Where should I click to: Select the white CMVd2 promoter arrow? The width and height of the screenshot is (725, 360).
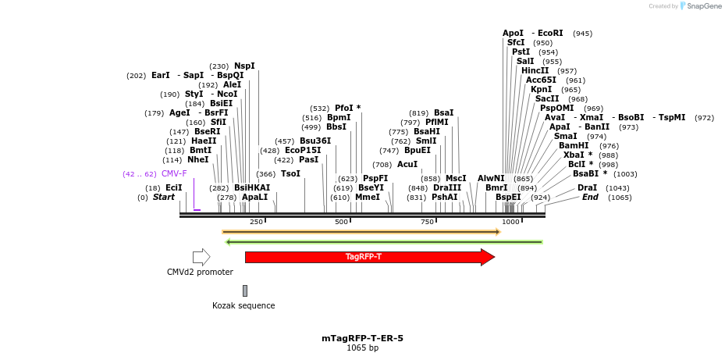coord(201,257)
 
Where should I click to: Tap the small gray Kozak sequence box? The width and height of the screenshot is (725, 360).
coord(244,290)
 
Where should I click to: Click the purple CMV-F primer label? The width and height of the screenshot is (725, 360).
coord(174,173)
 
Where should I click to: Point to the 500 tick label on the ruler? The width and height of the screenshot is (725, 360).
coord(341,223)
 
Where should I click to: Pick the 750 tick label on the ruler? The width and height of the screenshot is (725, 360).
coord(427,223)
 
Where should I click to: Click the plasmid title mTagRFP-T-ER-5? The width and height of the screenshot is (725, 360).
coord(362,338)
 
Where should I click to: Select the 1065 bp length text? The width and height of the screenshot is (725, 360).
coord(362,348)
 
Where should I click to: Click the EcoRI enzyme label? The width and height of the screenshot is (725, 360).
coord(550,34)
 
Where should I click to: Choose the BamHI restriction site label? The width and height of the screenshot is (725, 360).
coord(574,145)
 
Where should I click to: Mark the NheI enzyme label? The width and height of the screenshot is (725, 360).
coord(198,159)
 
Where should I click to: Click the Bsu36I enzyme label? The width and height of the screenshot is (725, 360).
coord(315,141)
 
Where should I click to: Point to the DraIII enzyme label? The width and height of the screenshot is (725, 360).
coord(447,187)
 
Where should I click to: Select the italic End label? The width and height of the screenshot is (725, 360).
coord(590,198)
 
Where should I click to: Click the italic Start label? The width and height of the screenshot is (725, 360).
coord(164,198)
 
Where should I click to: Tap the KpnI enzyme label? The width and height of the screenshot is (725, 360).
coord(541,89)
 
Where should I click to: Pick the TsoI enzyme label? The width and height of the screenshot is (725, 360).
coord(290,173)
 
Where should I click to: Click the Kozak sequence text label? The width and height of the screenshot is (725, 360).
coord(243,305)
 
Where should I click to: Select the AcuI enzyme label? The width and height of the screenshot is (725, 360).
coord(407,164)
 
